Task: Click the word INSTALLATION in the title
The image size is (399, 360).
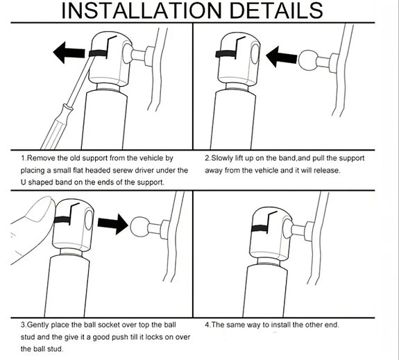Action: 142,10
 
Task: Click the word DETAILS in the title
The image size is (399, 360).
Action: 276,10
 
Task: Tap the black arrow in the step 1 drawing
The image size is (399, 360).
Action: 69,53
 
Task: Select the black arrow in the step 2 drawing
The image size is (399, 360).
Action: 282,56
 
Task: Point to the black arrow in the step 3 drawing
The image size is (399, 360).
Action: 112,223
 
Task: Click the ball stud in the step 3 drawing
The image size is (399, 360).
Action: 140,226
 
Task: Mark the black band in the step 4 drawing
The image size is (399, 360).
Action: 259,228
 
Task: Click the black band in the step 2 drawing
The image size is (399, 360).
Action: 226,54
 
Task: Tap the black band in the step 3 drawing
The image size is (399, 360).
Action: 62,220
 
